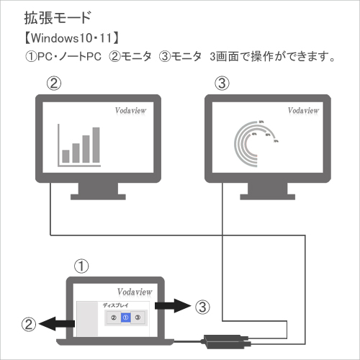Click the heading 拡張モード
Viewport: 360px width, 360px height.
(x=58, y=18)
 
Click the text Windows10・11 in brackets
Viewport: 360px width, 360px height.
(x=72, y=38)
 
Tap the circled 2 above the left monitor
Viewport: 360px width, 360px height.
(x=54, y=84)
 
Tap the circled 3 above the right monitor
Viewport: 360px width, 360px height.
(x=222, y=84)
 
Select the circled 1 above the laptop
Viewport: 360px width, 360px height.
(x=81, y=266)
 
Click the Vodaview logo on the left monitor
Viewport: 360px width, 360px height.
(x=130, y=110)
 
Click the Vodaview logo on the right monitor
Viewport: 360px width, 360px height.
(x=303, y=110)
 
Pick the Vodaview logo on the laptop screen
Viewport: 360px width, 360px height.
(x=135, y=292)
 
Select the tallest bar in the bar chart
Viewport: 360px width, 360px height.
(x=96, y=145)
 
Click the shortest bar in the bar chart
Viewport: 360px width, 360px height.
(x=66, y=156)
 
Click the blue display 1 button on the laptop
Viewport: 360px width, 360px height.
(x=126, y=318)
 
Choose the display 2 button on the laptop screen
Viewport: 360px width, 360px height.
(x=114, y=318)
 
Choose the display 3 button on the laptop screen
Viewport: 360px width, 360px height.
(x=138, y=318)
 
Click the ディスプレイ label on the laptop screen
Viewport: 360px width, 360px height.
(x=115, y=305)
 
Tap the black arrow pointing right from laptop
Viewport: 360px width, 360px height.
(x=173, y=306)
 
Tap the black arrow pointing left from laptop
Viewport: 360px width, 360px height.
(x=57, y=324)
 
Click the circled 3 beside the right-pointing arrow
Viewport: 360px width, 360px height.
(x=202, y=307)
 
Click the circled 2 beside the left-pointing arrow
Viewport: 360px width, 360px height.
(x=29, y=324)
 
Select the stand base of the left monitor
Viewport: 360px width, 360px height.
(x=98, y=197)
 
